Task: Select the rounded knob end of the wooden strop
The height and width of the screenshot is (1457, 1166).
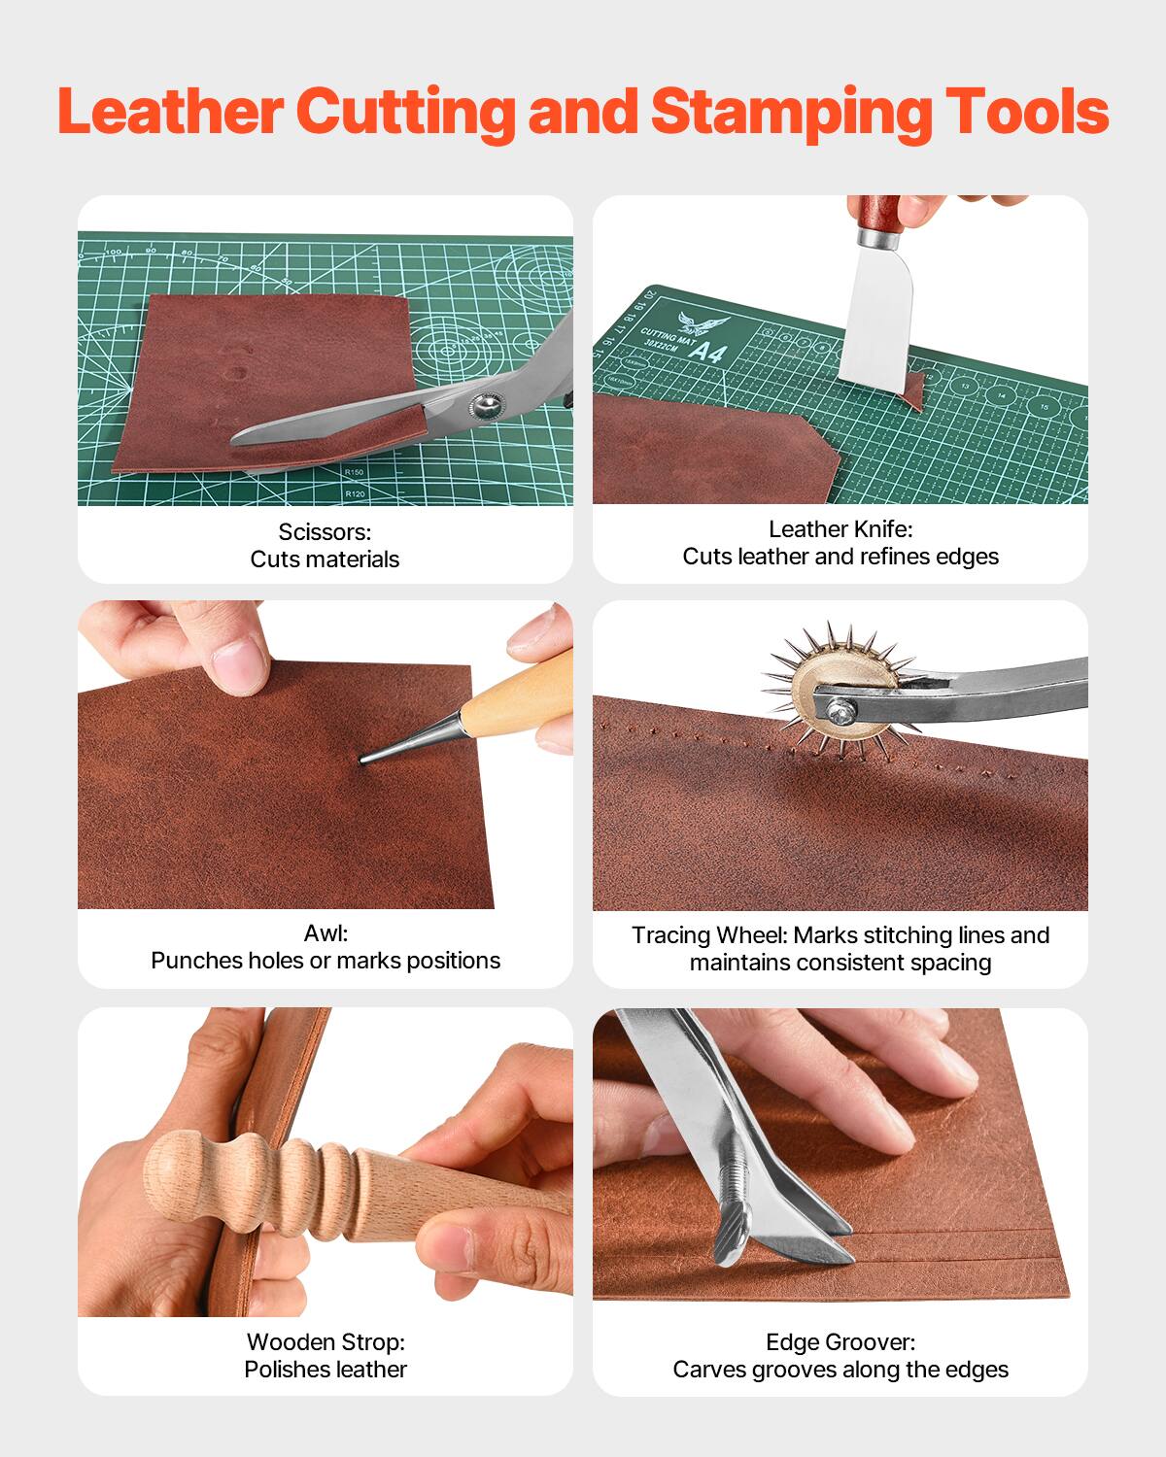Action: [175, 1168]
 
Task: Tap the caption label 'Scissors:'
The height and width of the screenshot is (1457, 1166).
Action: [325, 531]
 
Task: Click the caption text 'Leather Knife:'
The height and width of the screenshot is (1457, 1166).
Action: [840, 528]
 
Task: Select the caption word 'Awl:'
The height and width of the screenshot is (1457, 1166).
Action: [326, 932]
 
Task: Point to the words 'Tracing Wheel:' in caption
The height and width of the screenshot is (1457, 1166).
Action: [709, 934]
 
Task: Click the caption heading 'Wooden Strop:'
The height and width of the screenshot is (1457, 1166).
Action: [326, 1341]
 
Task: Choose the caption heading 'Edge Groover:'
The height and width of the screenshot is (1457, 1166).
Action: [840, 1341]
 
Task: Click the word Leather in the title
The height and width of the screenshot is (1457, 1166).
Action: [170, 112]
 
